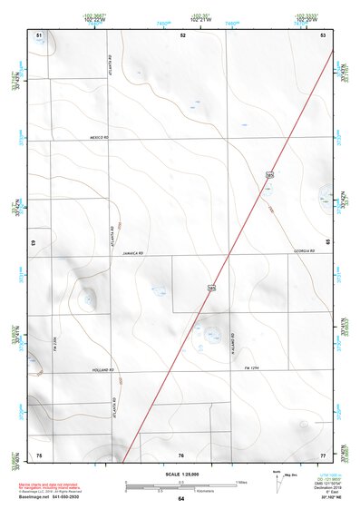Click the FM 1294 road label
253,367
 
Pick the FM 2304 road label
55,342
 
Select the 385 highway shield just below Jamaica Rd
211,288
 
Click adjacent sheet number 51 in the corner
39,34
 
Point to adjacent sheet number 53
323,34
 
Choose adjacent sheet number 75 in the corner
39,454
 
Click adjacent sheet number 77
323,454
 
